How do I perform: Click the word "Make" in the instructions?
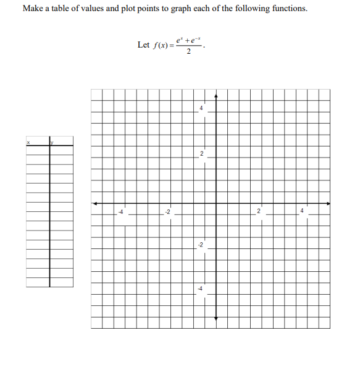[33, 9]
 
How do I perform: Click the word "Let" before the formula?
[143, 45]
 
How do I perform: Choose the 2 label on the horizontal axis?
[259, 212]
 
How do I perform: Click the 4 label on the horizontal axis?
[302, 212]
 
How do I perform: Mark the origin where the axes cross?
[216, 203]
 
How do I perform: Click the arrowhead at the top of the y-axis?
[216, 96]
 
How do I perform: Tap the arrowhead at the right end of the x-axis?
[328, 203]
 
